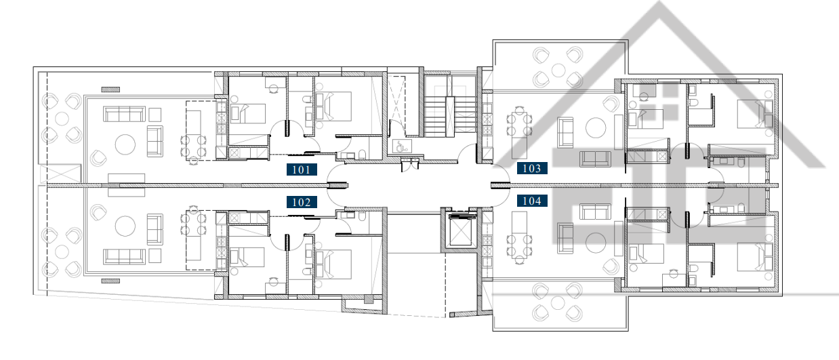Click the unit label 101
pyautogui.click(x=302, y=169)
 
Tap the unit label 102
pyautogui.click(x=302, y=202)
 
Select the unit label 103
pyautogui.click(x=532, y=169)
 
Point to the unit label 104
pyautogui.click(x=532, y=201)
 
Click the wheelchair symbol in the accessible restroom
pyautogui.click(x=401, y=146)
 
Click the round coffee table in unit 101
pyautogui.click(x=125, y=144)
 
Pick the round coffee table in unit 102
pyautogui.click(x=125, y=226)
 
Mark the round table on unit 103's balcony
pyautogui.click(x=558, y=70)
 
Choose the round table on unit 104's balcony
pyautogui.click(x=558, y=302)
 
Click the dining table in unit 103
pyautogui.click(x=519, y=125)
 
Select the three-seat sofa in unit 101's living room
pyautogui.click(x=124, y=115)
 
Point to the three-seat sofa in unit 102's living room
pyautogui.click(x=124, y=256)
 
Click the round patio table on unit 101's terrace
pyautogui.click(x=62, y=119)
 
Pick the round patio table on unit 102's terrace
pyautogui.click(x=62, y=252)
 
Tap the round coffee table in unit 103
pyautogui.click(x=596, y=128)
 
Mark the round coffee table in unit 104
pyautogui.click(x=596, y=243)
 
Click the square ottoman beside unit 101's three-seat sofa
pyautogui.click(x=155, y=115)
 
